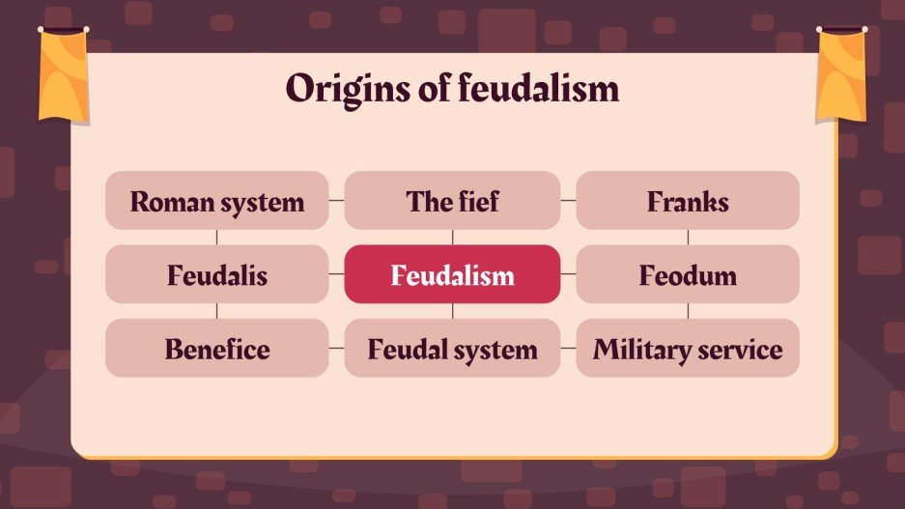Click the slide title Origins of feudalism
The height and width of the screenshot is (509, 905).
pos(452,89)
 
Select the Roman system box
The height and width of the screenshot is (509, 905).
pos(216,201)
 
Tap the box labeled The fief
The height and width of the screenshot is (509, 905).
pos(452,201)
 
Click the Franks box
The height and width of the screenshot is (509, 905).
pos(688,201)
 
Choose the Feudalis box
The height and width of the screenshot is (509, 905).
pos(216,275)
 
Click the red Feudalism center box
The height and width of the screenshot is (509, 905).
pos(452,275)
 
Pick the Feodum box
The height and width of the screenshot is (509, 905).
pos(688,275)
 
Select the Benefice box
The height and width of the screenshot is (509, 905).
pos(216,349)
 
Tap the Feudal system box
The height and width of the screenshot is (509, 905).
pos(452,349)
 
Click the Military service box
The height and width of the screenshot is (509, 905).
pos(688,349)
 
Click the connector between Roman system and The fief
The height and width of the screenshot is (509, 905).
pos(336,201)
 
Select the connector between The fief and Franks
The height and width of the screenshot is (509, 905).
pos(569,201)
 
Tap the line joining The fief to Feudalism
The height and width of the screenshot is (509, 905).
pos(452,238)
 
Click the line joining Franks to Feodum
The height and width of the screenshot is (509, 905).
pos(688,238)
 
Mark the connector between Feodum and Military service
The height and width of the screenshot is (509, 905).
pos(688,311)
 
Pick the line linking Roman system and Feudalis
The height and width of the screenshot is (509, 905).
pos(216,238)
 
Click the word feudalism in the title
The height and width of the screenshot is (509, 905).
pos(538,89)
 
